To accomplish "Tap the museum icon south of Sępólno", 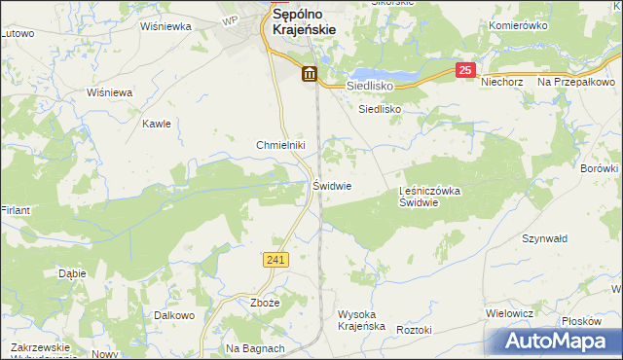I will coord(309,74).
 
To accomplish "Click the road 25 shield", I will coord(466,70).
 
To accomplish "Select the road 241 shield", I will coord(275,259).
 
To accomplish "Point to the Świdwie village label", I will coord(332,185).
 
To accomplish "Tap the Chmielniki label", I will coord(280,145).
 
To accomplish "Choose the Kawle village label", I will coord(157,124).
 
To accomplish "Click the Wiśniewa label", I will coord(109,92).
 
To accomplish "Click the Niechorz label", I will coord(502,82).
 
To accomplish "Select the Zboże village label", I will coord(265,303).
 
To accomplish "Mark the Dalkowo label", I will coord(175,315).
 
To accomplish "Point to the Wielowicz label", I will coord(508,314).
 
